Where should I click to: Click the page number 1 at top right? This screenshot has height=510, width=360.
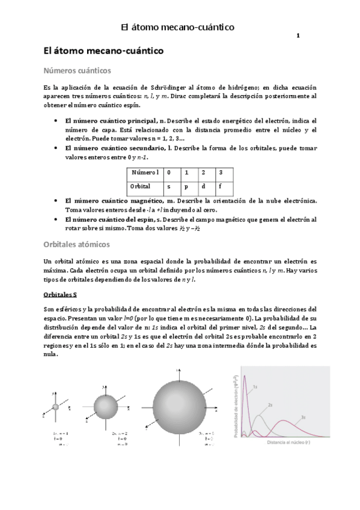point(298,37)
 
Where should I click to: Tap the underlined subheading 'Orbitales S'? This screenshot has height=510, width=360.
point(61,295)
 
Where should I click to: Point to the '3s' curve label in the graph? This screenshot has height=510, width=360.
point(304,417)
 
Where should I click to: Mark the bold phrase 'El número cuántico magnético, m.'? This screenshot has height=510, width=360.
point(111,200)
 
